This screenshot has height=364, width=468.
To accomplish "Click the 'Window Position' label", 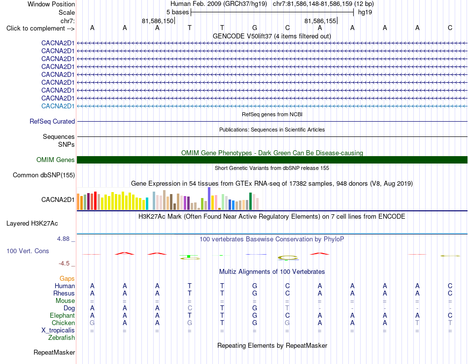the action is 51,4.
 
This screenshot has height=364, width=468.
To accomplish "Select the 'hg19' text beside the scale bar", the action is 365,12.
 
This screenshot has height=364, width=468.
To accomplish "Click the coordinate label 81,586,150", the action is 158,21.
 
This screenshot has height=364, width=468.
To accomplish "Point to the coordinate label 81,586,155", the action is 320,21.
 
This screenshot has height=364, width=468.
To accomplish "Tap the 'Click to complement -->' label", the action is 40,29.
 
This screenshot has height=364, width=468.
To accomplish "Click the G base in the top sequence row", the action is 255,28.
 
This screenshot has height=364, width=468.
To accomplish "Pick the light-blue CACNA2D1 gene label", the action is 58,106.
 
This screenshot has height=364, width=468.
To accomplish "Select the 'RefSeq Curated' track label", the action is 52,122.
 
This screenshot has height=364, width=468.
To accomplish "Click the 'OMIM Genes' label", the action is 56,160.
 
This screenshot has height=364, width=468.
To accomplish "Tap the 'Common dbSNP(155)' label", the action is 44,175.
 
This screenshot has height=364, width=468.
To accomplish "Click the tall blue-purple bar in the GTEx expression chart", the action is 209,199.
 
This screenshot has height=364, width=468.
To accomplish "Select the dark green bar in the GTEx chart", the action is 250,201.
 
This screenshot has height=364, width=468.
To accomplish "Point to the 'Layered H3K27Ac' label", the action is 32,224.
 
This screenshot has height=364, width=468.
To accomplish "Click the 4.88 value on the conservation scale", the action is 63,239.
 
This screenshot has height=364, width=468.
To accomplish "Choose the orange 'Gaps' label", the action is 67,278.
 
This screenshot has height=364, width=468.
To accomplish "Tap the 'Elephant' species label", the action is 63,315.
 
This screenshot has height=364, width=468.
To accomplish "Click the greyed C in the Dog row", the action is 190,308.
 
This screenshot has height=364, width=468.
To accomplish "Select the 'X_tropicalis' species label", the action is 58,331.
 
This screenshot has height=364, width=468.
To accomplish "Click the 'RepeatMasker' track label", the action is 54,353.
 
